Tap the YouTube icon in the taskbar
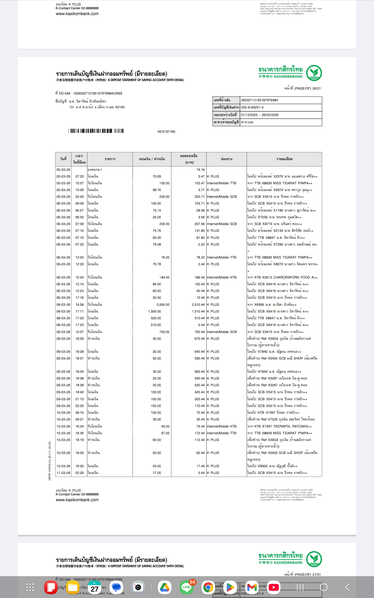tap(273, 587)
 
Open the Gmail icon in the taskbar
tap(252, 587)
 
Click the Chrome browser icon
tap(208, 587)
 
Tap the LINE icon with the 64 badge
tap(186, 587)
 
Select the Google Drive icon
tap(164, 587)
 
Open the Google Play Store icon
tap(230, 587)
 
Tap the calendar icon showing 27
tap(95, 587)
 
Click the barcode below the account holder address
tap(96, 131)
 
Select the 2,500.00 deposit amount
tap(163, 304)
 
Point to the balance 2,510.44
tap(198, 304)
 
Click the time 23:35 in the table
tap(79, 406)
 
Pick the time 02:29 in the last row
tap(79, 473)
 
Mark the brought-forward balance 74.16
tap(200, 169)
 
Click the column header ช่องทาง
tap(226, 159)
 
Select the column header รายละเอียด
tap(284, 159)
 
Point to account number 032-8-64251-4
tap(252, 107)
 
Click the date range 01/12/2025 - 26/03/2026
tap(260, 115)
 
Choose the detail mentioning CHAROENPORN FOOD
tap(282, 277)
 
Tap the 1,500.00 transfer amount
tap(155, 311)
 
